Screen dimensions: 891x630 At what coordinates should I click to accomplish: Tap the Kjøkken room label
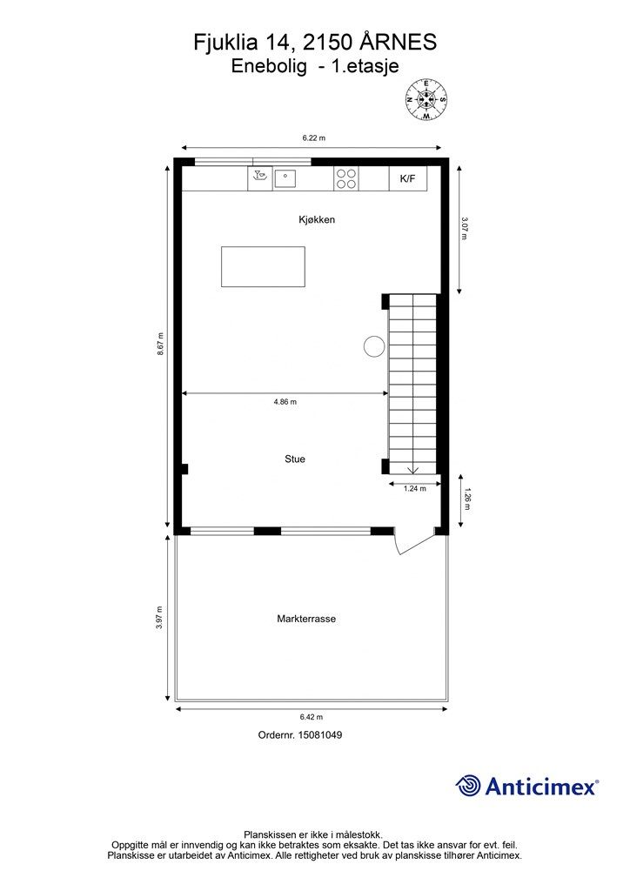pos(317,220)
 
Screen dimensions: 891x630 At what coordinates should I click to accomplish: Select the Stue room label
pos(295,459)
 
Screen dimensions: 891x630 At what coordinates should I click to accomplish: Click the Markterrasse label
pos(306,619)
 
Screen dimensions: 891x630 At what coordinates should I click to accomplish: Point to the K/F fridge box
pos(408,178)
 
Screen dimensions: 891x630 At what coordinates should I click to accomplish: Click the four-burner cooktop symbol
pos(345,178)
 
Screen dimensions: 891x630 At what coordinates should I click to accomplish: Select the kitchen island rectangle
pos(263,266)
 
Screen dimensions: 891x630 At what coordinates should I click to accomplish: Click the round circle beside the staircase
pos(373,345)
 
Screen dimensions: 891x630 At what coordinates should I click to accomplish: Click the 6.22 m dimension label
pos(313,138)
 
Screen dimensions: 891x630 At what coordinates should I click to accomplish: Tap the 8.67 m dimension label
pos(161,345)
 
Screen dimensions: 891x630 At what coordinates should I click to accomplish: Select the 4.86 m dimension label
pos(285,402)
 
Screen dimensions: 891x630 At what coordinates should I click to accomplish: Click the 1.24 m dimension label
pos(415,489)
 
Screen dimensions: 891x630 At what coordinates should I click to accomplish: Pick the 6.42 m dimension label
pos(311,717)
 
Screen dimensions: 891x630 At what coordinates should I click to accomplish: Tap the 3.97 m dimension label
pos(159,619)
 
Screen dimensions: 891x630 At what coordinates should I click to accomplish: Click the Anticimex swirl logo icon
pos(468,786)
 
